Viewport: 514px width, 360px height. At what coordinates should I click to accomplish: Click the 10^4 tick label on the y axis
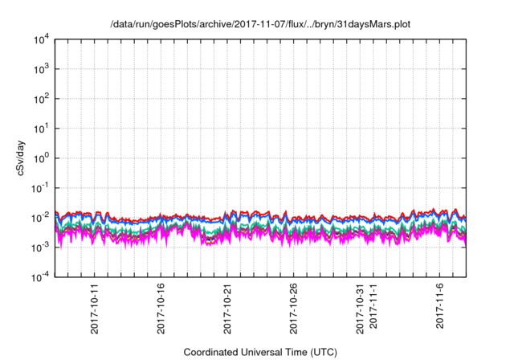43,39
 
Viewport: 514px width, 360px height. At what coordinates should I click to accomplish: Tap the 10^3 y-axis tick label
43,69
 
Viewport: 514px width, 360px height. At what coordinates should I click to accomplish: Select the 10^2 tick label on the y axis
43,99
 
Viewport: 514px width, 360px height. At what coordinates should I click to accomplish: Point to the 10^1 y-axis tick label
43,128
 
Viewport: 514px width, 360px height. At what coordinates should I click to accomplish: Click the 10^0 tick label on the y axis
43,157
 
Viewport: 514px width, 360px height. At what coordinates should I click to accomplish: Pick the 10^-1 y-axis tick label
42,187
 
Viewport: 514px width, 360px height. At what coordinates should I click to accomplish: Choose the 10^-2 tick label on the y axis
42,217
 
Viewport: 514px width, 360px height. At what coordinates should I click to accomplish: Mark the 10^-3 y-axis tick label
42,247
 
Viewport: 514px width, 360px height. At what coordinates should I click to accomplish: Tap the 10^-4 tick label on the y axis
42,276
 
